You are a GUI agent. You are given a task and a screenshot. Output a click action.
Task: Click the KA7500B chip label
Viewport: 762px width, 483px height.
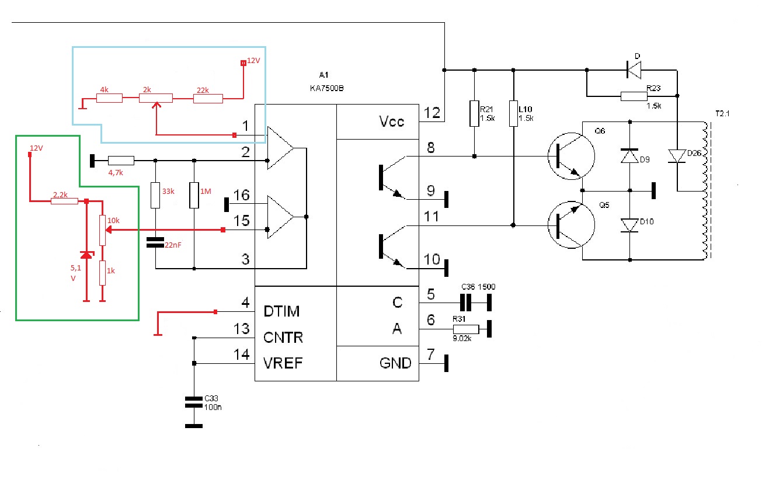pyautogui.click(x=326, y=88)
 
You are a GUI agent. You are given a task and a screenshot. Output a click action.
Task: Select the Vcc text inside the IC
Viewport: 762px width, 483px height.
pyautogui.click(x=392, y=121)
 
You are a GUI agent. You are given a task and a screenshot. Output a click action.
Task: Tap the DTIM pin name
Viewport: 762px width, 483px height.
pyautogui.click(x=281, y=311)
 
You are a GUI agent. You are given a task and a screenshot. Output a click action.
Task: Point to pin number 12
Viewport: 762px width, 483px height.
pyautogui.click(x=432, y=113)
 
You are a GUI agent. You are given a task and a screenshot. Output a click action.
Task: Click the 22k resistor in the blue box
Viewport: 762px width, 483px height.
pyautogui.click(x=208, y=99)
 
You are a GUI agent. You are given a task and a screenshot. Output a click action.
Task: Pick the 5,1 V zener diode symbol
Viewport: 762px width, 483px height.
pyautogui.click(x=86, y=255)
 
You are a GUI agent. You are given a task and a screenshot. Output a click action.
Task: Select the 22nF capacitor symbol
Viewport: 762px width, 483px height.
pyautogui.click(x=155, y=242)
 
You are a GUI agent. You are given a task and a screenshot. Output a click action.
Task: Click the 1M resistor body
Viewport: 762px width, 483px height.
pyautogui.click(x=194, y=195)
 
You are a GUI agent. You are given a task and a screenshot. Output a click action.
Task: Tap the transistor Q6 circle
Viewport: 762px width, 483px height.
pyautogui.click(x=571, y=156)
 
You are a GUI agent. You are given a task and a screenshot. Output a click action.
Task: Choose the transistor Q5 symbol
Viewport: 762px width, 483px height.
pyautogui.click(x=571, y=225)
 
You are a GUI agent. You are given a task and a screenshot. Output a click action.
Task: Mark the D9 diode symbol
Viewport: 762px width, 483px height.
pyautogui.click(x=629, y=156)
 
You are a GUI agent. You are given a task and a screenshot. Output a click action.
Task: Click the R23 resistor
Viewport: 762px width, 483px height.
pyautogui.click(x=634, y=96)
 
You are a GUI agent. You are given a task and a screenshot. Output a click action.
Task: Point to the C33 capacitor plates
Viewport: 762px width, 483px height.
pyautogui.click(x=193, y=402)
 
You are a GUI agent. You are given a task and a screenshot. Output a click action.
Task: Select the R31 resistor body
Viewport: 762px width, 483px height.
pyautogui.click(x=466, y=329)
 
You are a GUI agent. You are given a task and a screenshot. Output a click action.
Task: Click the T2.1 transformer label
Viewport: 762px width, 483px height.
pyautogui.click(x=722, y=114)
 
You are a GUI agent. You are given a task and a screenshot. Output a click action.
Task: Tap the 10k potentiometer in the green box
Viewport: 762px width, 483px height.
pyautogui.click(x=102, y=230)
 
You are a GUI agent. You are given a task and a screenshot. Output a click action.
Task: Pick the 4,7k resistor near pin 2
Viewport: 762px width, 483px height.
pyautogui.click(x=121, y=161)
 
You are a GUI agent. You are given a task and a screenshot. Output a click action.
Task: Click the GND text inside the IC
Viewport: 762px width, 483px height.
pyautogui.click(x=395, y=363)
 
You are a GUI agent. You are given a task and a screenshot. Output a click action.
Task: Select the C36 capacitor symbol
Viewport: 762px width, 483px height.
pyautogui.click(x=465, y=303)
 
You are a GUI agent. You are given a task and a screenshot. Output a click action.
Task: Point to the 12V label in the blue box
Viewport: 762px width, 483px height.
pyautogui.click(x=253, y=61)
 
